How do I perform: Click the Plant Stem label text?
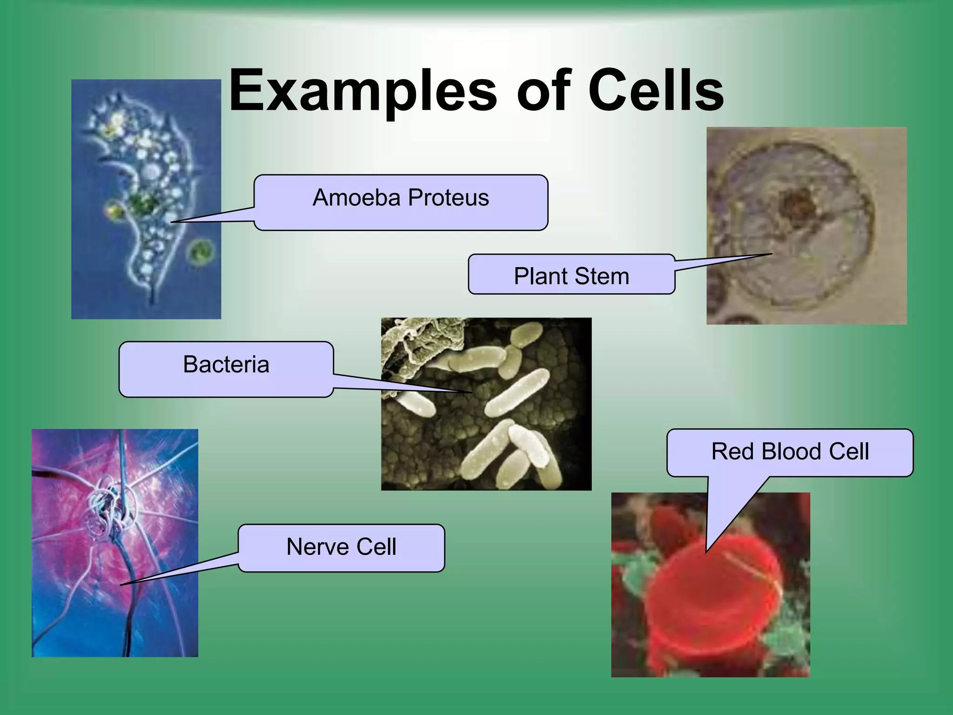coord(571,276)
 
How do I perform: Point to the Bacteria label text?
coord(226,364)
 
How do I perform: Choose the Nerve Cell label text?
coord(341,546)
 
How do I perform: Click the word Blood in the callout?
coord(791,451)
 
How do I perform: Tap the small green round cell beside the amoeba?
coord(201,253)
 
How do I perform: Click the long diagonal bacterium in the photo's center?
coord(517,393)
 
